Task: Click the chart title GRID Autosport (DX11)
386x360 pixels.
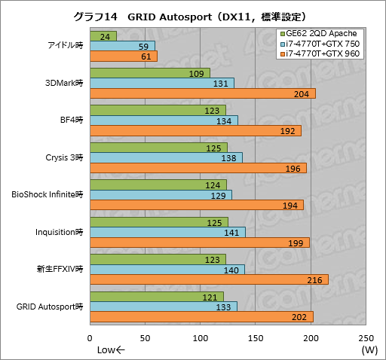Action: (x=193, y=15)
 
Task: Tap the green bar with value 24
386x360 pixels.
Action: (x=103, y=36)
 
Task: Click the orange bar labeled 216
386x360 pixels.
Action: (x=209, y=279)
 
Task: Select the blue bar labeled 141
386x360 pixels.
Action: (x=167, y=232)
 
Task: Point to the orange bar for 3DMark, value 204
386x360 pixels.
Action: (x=202, y=93)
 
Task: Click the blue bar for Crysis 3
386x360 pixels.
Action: (x=166, y=157)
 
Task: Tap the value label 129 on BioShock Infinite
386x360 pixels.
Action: (x=218, y=195)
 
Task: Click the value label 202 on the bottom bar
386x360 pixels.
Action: (x=299, y=316)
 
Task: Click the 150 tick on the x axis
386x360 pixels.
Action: (x=256, y=337)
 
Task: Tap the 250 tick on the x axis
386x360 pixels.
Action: (x=366, y=337)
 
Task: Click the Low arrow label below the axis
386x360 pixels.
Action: (x=110, y=350)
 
